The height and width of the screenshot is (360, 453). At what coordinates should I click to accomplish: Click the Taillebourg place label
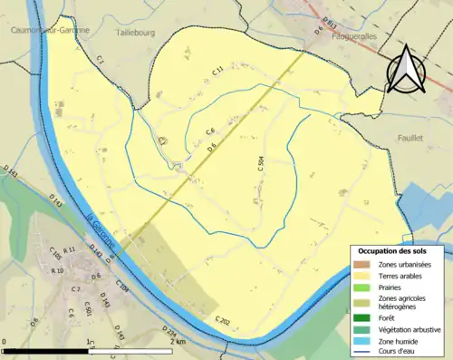(138, 32)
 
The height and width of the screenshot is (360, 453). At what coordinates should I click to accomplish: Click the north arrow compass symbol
(406, 69)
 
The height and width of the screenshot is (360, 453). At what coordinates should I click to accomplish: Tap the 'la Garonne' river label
(101, 230)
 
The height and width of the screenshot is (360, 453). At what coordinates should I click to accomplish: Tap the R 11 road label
(71, 262)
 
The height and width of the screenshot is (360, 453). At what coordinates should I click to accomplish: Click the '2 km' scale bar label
(178, 341)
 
